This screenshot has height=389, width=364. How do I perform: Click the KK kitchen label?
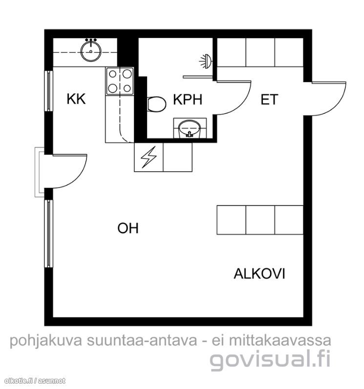(x=76, y=99)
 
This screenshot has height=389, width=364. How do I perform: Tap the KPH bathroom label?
(x=188, y=100)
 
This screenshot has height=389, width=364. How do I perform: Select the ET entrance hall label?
(x=269, y=100)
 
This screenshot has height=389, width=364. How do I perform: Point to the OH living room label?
(x=128, y=228)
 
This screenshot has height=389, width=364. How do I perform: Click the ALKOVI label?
(x=259, y=274)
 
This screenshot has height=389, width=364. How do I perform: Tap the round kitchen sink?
(x=91, y=51)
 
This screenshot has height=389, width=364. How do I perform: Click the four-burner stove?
(x=120, y=81)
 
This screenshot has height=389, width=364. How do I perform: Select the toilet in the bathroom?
(x=156, y=104)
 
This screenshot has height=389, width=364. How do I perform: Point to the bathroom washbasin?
(x=190, y=129)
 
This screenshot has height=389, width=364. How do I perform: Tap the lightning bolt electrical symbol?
(x=149, y=157)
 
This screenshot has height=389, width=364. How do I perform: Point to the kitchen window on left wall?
(x=49, y=91)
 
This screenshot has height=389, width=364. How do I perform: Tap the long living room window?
(x=49, y=234)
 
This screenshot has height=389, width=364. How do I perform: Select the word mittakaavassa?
(x=280, y=341)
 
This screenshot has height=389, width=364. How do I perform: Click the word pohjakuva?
(x=46, y=341)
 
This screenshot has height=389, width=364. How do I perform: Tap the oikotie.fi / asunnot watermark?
(x=35, y=381)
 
